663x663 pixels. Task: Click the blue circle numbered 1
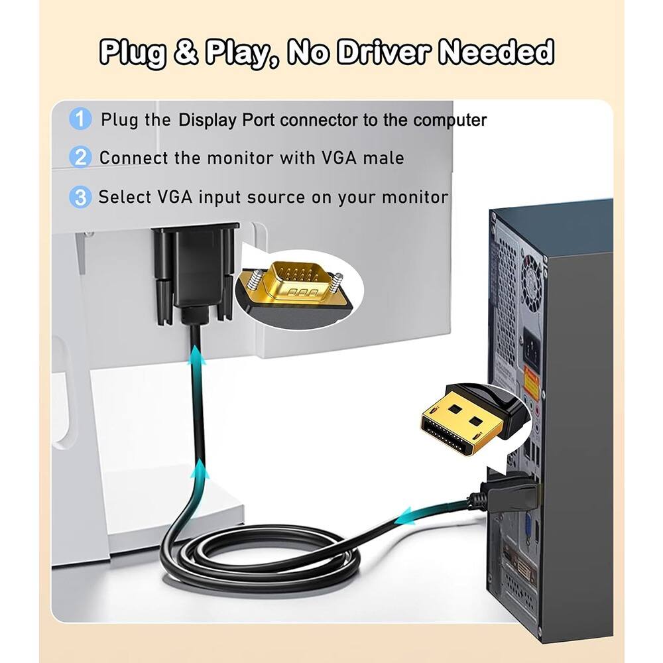pyautogui.click(x=80, y=120)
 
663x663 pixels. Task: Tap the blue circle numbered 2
pyautogui.click(x=80, y=158)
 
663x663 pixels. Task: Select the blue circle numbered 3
pyautogui.click(x=80, y=197)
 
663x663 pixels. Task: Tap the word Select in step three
pyautogui.click(x=125, y=198)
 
